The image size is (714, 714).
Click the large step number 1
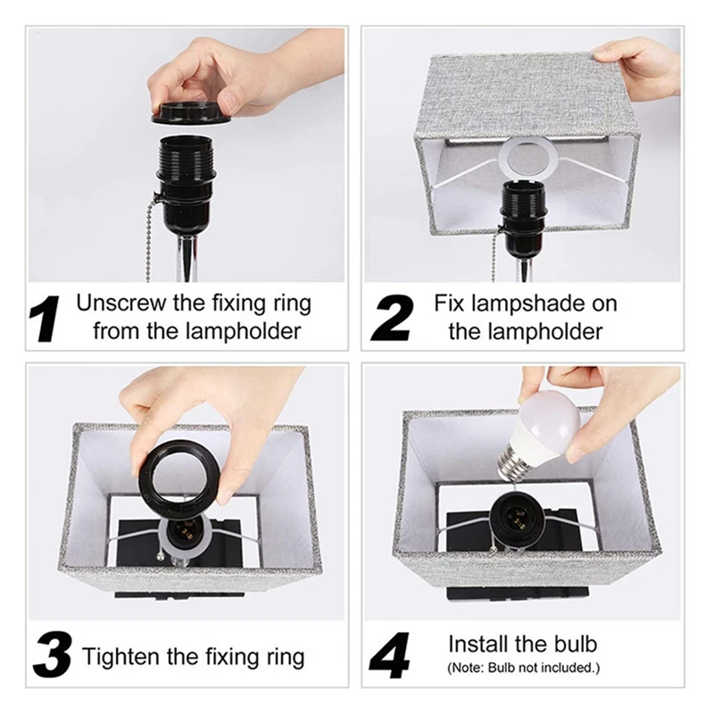click(x=44, y=319)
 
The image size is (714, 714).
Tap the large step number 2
click(x=392, y=319)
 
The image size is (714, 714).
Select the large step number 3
click(x=53, y=655)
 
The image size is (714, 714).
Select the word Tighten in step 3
click(x=120, y=657)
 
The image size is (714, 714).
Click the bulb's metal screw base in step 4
click(x=510, y=464)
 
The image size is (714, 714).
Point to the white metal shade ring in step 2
click(x=528, y=159)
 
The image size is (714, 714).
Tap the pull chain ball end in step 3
click(x=161, y=555)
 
